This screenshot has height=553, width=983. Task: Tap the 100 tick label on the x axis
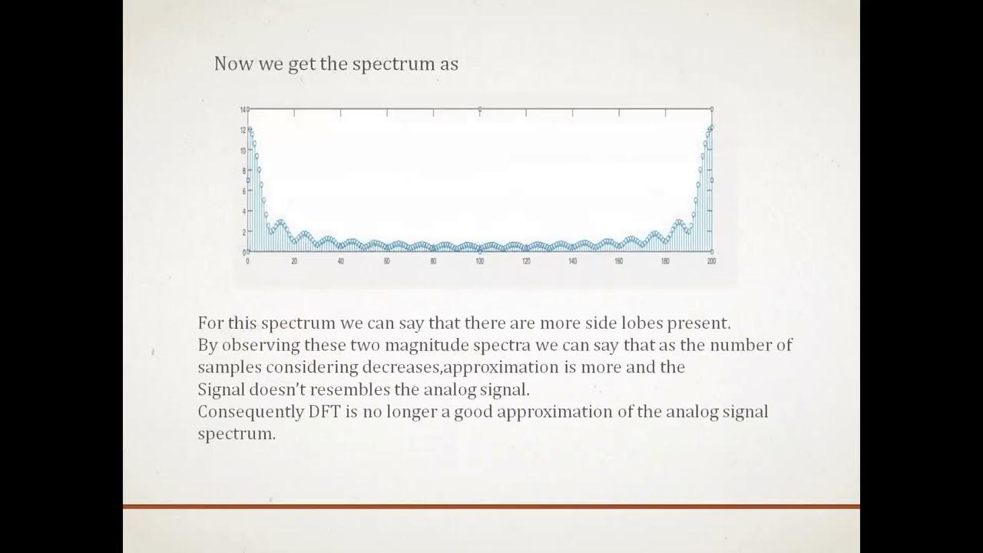pyautogui.click(x=479, y=262)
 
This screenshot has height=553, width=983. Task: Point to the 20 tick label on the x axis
pyautogui.click(x=294, y=262)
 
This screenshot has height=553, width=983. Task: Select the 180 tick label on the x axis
pyautogui.click(x=665, y=262)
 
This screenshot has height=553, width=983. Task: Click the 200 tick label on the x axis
pyautogui.click(x=711, y=262)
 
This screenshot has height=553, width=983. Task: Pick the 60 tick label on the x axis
pyautogui.click(x=387, y=262)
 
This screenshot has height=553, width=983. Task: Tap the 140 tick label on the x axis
pyautogui.click(x=572, y=262)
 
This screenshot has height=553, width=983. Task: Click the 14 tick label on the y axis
pyautogui.click(x=243, y=110)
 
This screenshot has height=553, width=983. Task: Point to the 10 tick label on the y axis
pyautogui.click(x=243, y=151)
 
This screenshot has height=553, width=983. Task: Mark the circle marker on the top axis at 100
pyautogui.click(x=480, y=110)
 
